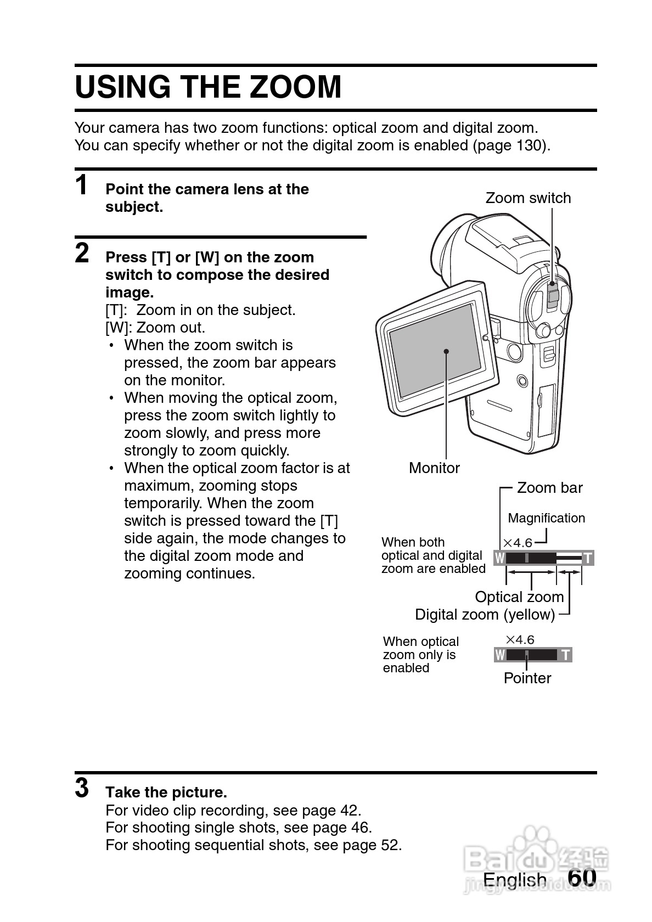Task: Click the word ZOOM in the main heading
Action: [x=295, y=87]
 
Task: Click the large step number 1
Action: [x=82, y=185]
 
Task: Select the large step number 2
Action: [x=82, y=253]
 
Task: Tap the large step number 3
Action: [x=82, y=788]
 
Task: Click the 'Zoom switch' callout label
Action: [x=528, y=198]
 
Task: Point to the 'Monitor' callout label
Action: [x=434, y=468]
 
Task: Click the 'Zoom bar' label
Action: [x=549, y=488]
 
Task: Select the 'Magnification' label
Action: [x=546, y=518]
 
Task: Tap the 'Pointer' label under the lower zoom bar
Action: [x=527, y=678]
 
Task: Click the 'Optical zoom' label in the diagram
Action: [x=519, y=597]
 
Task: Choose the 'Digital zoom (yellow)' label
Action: [x=485, y=615]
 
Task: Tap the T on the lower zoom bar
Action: [x=565, y=655]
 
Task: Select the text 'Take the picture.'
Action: [x=166, y=792]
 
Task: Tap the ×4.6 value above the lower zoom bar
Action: [x=519, y=639]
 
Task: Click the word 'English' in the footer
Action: [x=515, y=880]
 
